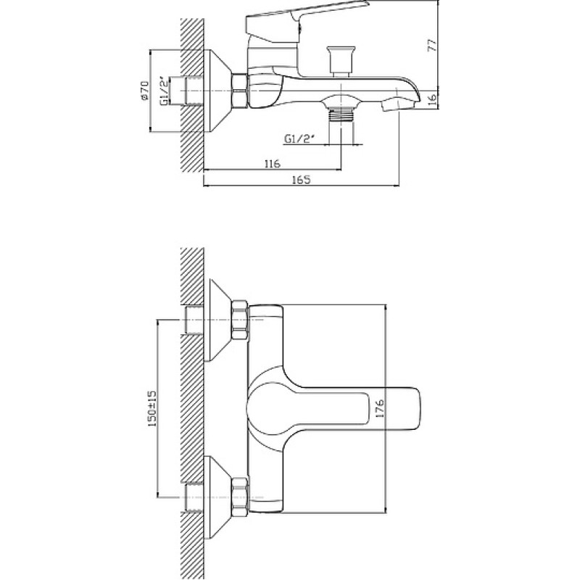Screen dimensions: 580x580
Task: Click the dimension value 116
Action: pos(273,163)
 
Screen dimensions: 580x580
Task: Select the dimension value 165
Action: pos(301,179)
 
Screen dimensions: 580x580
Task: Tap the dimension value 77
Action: pos(432,45)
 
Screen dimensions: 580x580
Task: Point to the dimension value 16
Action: pos(432,100)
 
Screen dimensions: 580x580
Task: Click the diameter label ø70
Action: pos(144,90)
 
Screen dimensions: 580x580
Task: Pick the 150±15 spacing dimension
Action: pos(152,409)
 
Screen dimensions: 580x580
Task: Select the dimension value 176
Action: pos(380,408)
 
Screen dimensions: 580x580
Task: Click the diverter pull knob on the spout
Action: pos(341,61)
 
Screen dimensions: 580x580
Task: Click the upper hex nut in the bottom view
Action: pos(239,320)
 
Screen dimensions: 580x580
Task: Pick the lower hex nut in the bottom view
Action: pos(239,497)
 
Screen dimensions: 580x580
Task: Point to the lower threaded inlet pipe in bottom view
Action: pos(194,497)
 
